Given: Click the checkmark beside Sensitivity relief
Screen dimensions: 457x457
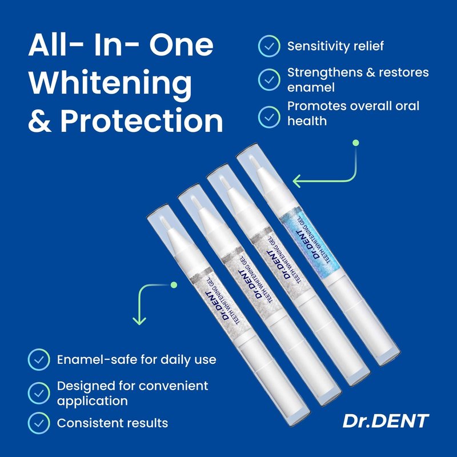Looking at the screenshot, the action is pyautogui.click(x=269, y=46).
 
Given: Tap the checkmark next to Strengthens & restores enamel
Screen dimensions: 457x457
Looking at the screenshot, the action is pyautogui.click(x=269, y=80).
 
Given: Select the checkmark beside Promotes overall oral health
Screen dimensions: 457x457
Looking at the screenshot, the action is pyautogui.click(x=269, y=117).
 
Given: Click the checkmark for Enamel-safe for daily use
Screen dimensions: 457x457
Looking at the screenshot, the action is pyautogui.click(x=39, y=360).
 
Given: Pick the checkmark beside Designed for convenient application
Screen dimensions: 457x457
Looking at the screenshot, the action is pyautogui.click(x=39, y=394).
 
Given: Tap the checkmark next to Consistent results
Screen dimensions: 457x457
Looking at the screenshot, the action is pyautogui.click(x=39, y=423).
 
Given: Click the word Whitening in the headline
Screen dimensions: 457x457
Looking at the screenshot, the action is pyautogui.click(x=110, y=83).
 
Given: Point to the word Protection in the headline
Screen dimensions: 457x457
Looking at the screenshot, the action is pyautogui.click(x=142, y=120).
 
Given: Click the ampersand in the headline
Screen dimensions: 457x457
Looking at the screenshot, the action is pyautogui.click(x=40, y=121).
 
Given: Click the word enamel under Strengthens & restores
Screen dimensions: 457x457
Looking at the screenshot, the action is pyautogui.click(x=311, y=88).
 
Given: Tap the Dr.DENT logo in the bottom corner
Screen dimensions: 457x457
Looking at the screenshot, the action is pyautogui.click(x=386, y=421).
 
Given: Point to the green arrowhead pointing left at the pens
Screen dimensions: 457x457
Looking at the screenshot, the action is pyautogui.click(x=296, y=181).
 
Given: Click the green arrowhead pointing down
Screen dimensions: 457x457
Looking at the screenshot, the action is pyautogui.click(x=139, y=321).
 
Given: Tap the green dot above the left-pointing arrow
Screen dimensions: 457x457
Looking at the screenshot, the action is pyautogui.click(x=355, y=143).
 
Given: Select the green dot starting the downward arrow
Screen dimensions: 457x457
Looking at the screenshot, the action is pyautogui.click(x=174, y=284).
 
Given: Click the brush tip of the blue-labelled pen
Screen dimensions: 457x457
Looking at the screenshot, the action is pyautogui.click(x=255, y=163).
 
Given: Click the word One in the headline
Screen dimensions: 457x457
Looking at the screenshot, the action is pyautogui.click(x=181, y=46).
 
